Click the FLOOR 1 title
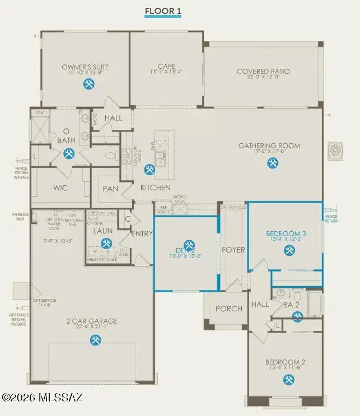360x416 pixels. [x=163, y=11]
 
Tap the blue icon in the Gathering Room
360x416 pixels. [x=273, y=163]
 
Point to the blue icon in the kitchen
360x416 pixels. [x=149, y=169]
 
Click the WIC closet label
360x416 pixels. [x=61, y=189]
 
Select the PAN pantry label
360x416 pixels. [x=110, y=189]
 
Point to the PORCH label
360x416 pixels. [x=229, y=309]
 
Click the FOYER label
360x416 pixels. [x=233, y=250]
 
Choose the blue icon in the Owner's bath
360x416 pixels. [x=69, y=153]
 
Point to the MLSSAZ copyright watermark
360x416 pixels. [x=42, y=397]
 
